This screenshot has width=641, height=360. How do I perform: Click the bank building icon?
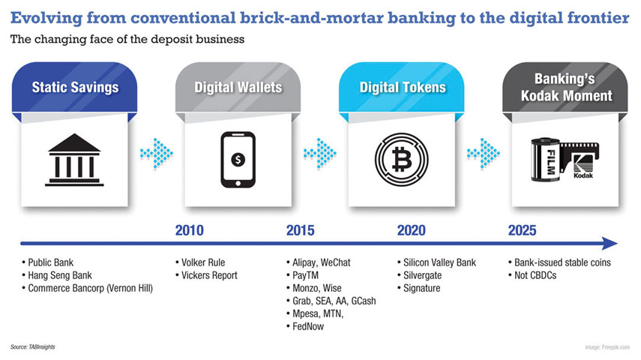(x=74, y=159)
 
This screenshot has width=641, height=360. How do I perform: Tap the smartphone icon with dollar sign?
(x=238, y=159)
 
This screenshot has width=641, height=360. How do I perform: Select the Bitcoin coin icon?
(x=401, y=159)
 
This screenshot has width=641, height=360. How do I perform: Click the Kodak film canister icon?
(x=563, y=159)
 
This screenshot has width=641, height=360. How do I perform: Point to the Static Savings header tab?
(x=75, y=88)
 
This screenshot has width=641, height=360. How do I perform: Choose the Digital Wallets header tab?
(x=238, y=88)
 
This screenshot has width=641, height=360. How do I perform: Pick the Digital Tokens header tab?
(x=402, y=88)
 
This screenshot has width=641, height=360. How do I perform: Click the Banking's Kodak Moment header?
(x=564, y=88)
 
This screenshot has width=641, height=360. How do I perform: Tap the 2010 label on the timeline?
(x=189, y=230)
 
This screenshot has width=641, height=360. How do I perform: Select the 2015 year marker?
(x=300, y=230)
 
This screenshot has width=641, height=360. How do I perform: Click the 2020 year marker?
(x=412, y=230)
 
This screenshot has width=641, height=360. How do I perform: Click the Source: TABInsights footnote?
(x=34, y=347)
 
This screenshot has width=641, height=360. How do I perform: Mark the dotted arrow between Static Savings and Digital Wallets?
(x=156, y=153)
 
